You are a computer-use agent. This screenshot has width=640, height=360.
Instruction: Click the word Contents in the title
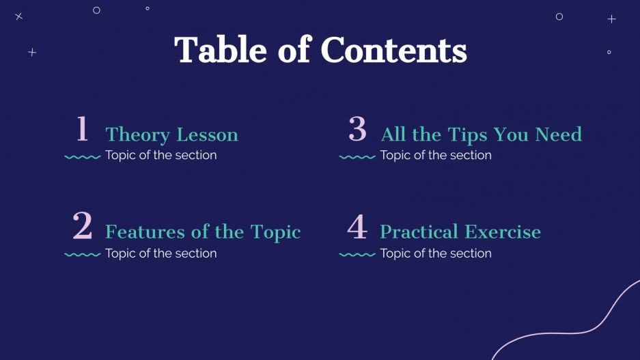pyautogui.click(x=393, y=50)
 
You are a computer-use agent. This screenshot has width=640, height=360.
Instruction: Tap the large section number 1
pyautogui.click(x=83, y=129)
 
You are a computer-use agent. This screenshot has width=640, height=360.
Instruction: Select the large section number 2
pyautogui.click(x=83, y=226)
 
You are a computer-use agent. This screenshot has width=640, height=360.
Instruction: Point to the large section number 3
pyautogui.click(x=357, y=129)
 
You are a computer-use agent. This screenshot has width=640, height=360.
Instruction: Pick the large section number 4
pyautogui.click(x=357, y=227)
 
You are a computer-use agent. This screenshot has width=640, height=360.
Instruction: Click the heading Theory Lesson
pyautogui.click(x=171, y=135)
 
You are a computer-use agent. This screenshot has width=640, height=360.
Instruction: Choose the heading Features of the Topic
pyautogui.click(x=203, y=232)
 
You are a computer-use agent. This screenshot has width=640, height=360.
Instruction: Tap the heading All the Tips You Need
pyautogui.click(x=481, y=135)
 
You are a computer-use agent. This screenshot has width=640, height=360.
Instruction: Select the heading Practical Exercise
pyautogui.click(x=460, y=232)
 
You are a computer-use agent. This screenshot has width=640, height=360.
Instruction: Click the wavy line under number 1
pyautogui.click(x=83, y=157)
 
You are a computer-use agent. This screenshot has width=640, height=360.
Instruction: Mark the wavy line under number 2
pyautogui.click(x=83, y=255)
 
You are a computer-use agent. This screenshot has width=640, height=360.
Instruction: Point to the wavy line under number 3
pyautogui.click(x=357, y=157)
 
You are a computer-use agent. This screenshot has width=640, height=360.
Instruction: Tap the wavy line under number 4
pyautogui.click(x=357, y=255)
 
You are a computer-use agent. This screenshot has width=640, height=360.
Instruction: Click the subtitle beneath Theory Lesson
pyautogui.click(x=161, y=155)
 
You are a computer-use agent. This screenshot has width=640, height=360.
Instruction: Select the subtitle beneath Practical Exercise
pyautogui.click(x=436, y=253)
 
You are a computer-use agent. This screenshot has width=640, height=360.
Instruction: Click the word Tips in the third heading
pyautogui.click(x=467, y=135)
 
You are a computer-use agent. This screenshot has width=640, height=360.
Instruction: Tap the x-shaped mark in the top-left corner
pyautogui.click(x=18, y=16)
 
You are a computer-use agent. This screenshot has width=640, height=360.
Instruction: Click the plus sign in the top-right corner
pyautogui.click(x=611, y=19)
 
